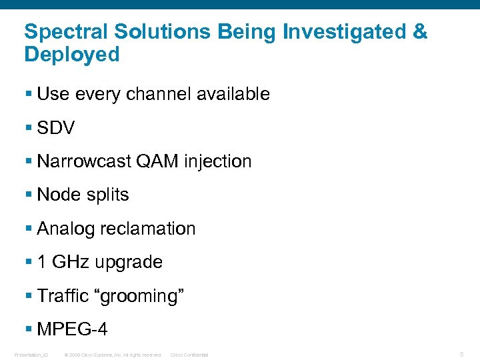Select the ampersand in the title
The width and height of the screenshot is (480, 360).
(x=419, y=31)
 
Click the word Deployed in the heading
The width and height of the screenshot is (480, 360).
(x=72, y=55)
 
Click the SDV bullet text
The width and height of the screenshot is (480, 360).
(x=56, y=128)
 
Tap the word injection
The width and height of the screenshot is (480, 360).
(x=217, y=161)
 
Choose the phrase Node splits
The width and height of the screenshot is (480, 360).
(x=83, y=195)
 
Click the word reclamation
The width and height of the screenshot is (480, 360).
(x=147, y=229)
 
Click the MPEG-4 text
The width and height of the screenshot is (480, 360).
(x=72, y=329)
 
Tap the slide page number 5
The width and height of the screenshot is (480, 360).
(x=461, y=354)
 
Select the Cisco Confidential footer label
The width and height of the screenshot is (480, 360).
(x=189, y=355)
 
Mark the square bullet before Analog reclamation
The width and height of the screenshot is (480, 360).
(x=29, y=229)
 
